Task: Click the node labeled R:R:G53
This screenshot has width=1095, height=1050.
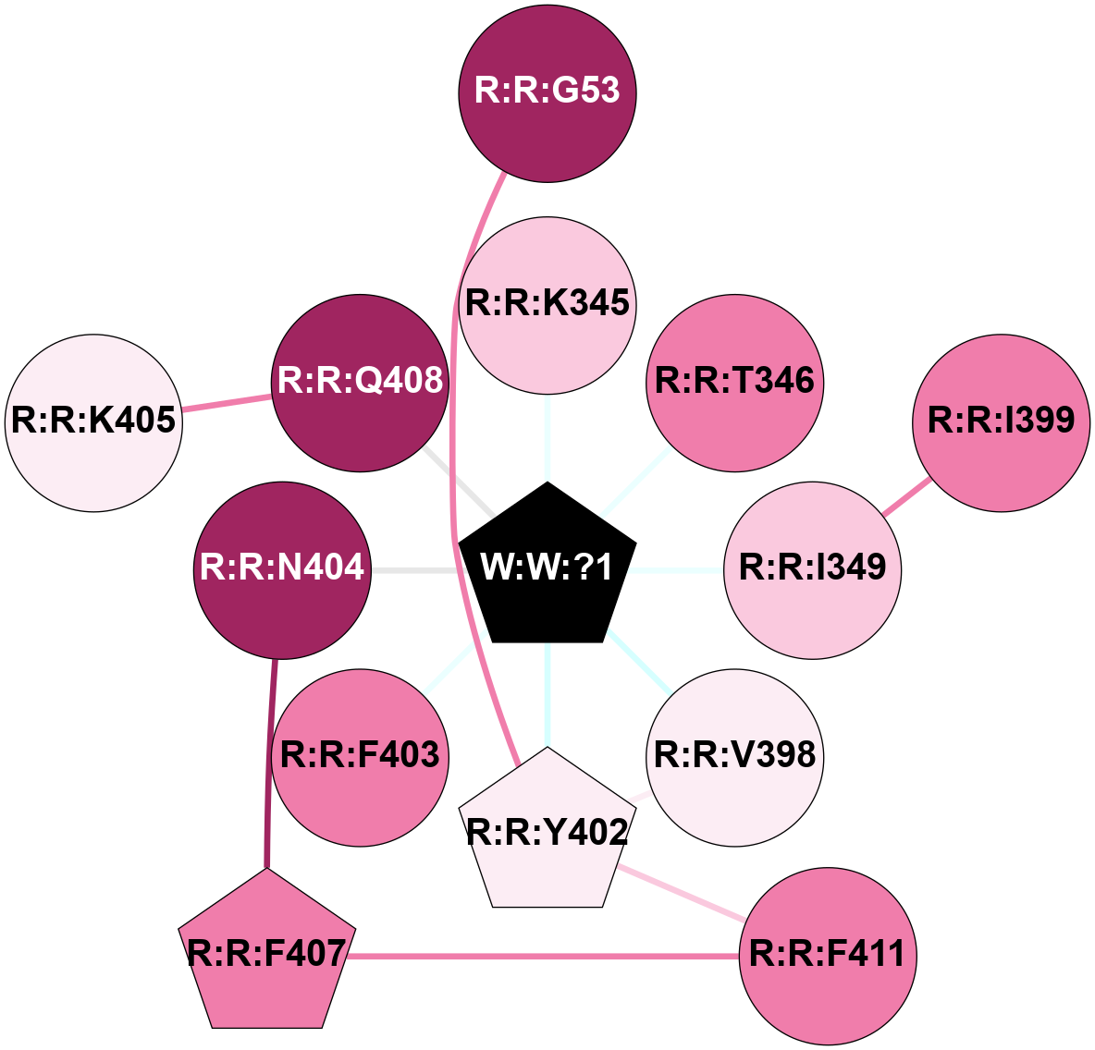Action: pos(547,92)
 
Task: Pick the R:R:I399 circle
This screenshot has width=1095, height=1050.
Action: pos(1002,421)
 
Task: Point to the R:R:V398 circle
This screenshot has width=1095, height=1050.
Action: pos(735,756)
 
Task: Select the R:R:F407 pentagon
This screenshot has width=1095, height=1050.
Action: pos(267,954)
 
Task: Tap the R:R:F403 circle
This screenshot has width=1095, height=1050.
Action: pos(361,756)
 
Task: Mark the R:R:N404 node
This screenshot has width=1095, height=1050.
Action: pos(283,568)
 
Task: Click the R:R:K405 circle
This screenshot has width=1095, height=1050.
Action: pos(93,421)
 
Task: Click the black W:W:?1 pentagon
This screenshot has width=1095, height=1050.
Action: pos(547,567)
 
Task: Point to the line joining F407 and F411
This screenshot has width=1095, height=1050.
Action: pos(546,956)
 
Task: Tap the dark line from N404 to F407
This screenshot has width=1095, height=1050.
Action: pos(272,758)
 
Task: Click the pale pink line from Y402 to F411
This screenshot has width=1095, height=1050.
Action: pos(684,894)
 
